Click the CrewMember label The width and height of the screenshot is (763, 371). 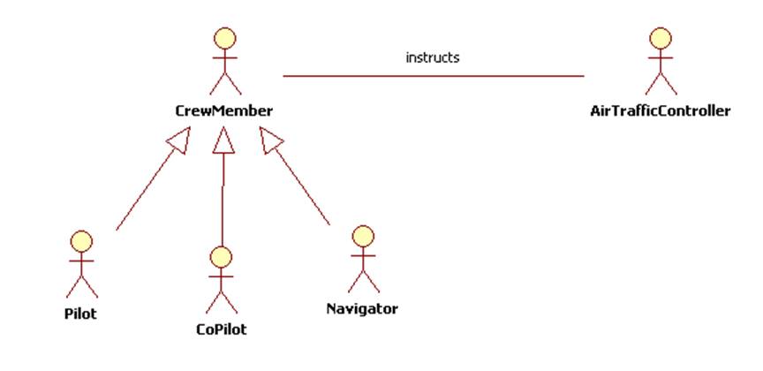[x=223, y=111]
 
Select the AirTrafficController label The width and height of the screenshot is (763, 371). [x=661, y=111]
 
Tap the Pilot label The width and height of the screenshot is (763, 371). [x=80, y=313]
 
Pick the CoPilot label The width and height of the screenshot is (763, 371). [x=221, y=330]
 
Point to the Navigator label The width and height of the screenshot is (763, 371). [x=362, y=309]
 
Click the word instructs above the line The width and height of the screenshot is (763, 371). [x=433, y=57]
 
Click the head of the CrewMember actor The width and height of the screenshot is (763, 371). [x=225, y=39]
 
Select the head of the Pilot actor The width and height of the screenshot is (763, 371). [x=81, y=240]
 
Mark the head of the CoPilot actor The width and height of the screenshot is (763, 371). [x=221, y=257]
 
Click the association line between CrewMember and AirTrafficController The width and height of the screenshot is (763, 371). [x=433, y=76]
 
